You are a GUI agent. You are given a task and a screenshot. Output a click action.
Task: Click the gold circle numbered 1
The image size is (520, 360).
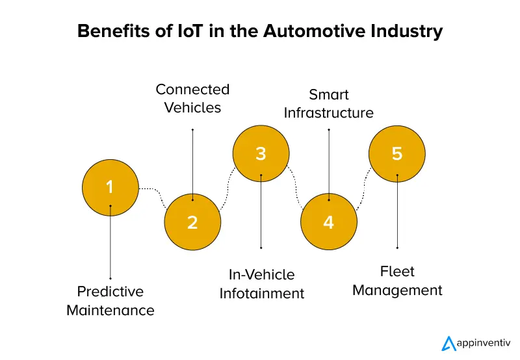[110, 188]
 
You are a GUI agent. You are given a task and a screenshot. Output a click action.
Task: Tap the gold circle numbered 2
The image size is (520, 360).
[192, 222]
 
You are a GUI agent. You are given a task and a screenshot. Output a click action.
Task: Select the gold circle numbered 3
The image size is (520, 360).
[261, 154]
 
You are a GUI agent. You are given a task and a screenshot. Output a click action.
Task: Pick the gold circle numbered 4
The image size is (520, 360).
[328, 222]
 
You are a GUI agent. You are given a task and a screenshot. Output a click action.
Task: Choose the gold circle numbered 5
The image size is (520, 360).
[397, 154]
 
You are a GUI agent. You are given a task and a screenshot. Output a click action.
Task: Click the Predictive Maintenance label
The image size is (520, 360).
[110, 300]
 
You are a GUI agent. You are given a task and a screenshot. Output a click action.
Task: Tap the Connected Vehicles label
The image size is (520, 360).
[192, 98]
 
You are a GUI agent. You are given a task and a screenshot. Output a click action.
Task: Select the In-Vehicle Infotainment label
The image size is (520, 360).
[261, 284]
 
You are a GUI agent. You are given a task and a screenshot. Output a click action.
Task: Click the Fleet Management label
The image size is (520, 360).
[397, 281]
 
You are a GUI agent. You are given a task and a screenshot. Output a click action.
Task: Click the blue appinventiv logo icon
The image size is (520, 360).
[448, 343]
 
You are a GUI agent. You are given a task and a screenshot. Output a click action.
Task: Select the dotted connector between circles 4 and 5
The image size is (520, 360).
[363, 188]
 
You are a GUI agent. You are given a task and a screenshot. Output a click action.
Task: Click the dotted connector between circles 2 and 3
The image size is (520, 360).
[227, 188]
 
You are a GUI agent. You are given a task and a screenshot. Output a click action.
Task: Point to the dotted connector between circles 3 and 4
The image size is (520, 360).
[294, 188]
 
